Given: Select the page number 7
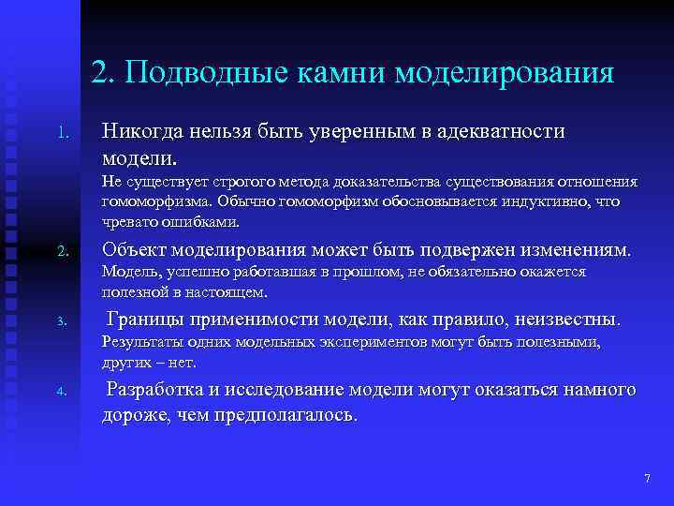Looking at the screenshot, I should [x=647, y=480].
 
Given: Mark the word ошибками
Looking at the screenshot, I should [x=210, y=222].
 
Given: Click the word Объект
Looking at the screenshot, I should [x=135, y=251].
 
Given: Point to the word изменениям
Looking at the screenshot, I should [x=579, y=251].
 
